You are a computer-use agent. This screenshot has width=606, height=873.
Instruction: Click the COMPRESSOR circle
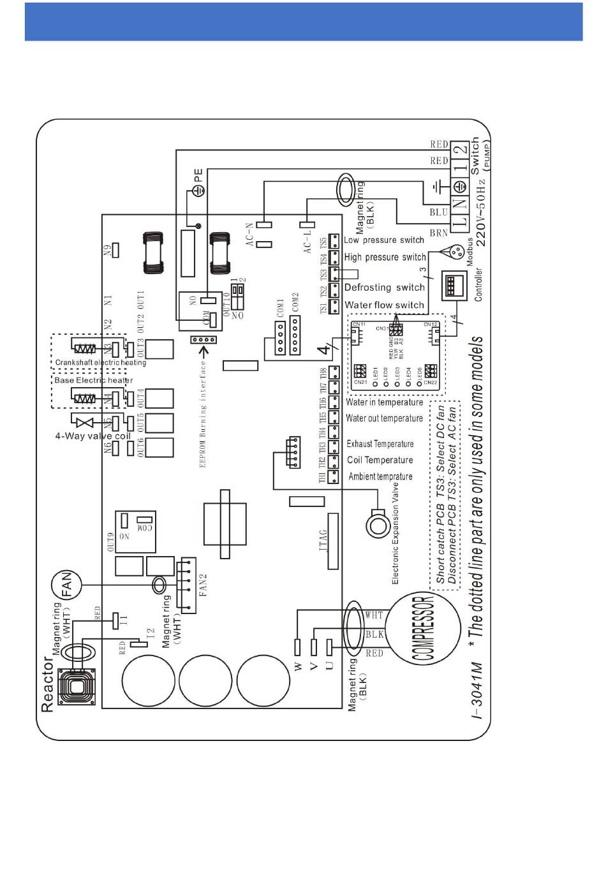point(424,628)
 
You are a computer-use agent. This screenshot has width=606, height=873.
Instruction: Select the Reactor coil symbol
point(77,687)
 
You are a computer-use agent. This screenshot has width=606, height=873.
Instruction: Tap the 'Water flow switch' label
point(384,305)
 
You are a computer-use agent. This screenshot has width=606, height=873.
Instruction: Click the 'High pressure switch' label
point(385,258)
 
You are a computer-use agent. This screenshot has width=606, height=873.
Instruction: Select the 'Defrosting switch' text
point(384,288)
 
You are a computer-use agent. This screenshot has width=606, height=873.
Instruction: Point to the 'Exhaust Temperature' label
point(380,444)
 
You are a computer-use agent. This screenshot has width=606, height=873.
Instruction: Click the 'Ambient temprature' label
point(380,476)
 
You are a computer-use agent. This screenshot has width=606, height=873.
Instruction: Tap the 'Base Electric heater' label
point(93,380)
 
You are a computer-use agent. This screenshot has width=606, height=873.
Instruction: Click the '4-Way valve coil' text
point(92,437)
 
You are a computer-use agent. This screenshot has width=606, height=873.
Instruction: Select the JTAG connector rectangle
point(332,541)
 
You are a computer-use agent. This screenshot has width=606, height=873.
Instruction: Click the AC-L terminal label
point(307,239)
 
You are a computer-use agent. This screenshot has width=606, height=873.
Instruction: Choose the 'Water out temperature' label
point(384,418)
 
